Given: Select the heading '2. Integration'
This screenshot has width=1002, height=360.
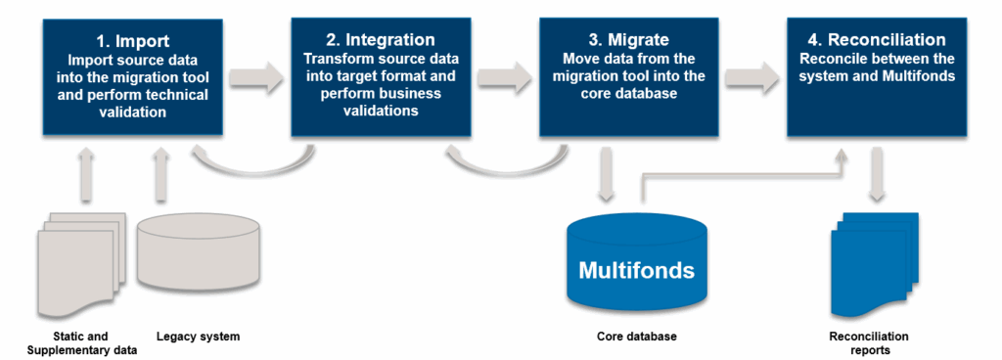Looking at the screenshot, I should (x=380, y=40).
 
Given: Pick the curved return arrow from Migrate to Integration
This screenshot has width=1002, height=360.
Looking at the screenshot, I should (x=503, y=162).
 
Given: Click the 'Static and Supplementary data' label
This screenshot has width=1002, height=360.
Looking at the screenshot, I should (x=78, y=342).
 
